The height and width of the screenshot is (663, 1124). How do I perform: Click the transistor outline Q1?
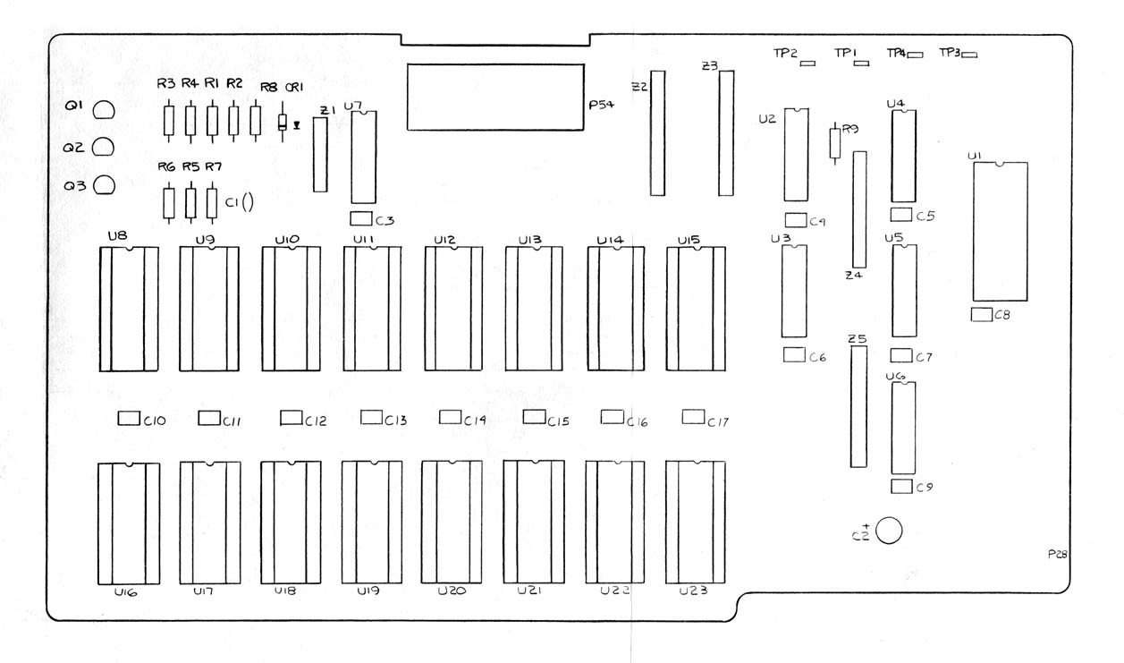(x=105, y=110)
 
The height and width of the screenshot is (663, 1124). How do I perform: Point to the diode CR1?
(x=283, y=123)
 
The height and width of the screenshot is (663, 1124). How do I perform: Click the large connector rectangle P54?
(x=495, y=98)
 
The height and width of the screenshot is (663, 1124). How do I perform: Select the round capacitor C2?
(x=890, y=531)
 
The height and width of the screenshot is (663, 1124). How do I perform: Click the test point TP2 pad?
(x=808, y=64)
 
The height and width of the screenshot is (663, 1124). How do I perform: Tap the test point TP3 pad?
(x=969, y=55)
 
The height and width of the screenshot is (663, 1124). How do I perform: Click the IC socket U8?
(x=128, y=309)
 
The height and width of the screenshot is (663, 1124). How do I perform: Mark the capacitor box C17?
(x=693, y=416)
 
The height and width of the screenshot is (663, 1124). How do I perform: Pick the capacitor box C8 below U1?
(x=980, y=313)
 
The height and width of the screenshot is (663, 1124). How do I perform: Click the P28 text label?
(x=1058, y=555)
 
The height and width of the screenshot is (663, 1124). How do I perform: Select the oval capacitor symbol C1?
(x=247, y=203)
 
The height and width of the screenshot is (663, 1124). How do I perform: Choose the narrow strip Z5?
(x=858, y=407)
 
